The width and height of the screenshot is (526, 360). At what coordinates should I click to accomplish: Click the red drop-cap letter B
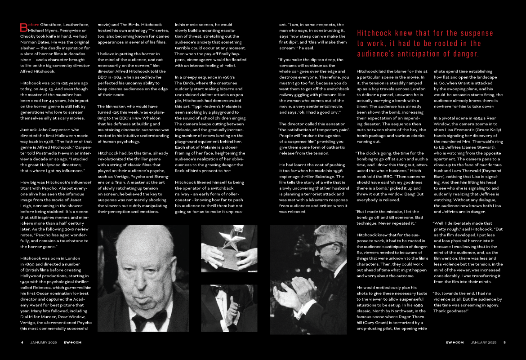pos(23,27)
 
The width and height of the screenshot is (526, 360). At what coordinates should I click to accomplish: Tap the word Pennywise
pos(66,30)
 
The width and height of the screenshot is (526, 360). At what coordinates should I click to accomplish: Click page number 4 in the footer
pos(22,342)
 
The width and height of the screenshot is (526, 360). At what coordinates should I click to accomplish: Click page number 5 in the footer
pos(504,342)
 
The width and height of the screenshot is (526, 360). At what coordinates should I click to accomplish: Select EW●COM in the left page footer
pos(73,342)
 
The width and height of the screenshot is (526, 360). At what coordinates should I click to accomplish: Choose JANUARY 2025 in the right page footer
pos(484,342)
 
